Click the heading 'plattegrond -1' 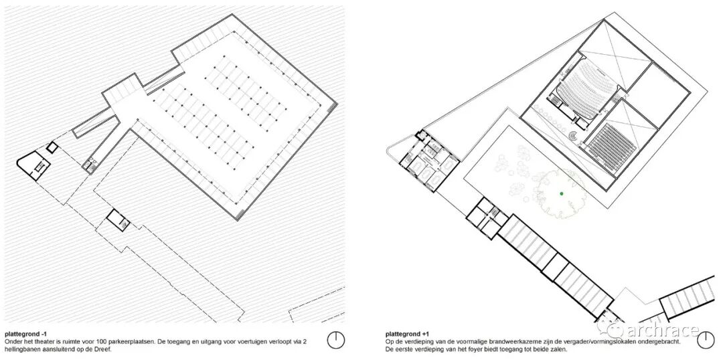click(x=25, y=333)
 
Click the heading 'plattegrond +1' click(x=407, y=333)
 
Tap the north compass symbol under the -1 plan click(x=336, y=340)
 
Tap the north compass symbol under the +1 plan click(x=706, y=340)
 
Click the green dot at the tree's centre click(x=562, y=193)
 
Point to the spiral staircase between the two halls click(x=574, y=136)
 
